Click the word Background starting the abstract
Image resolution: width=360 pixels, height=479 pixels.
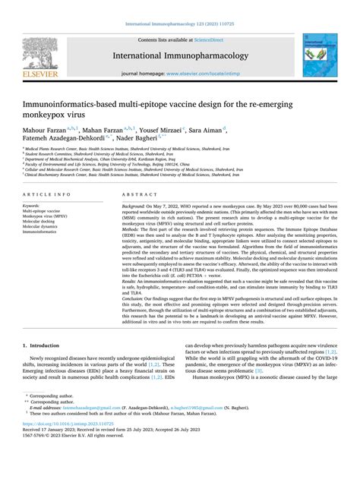click(132, 206)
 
